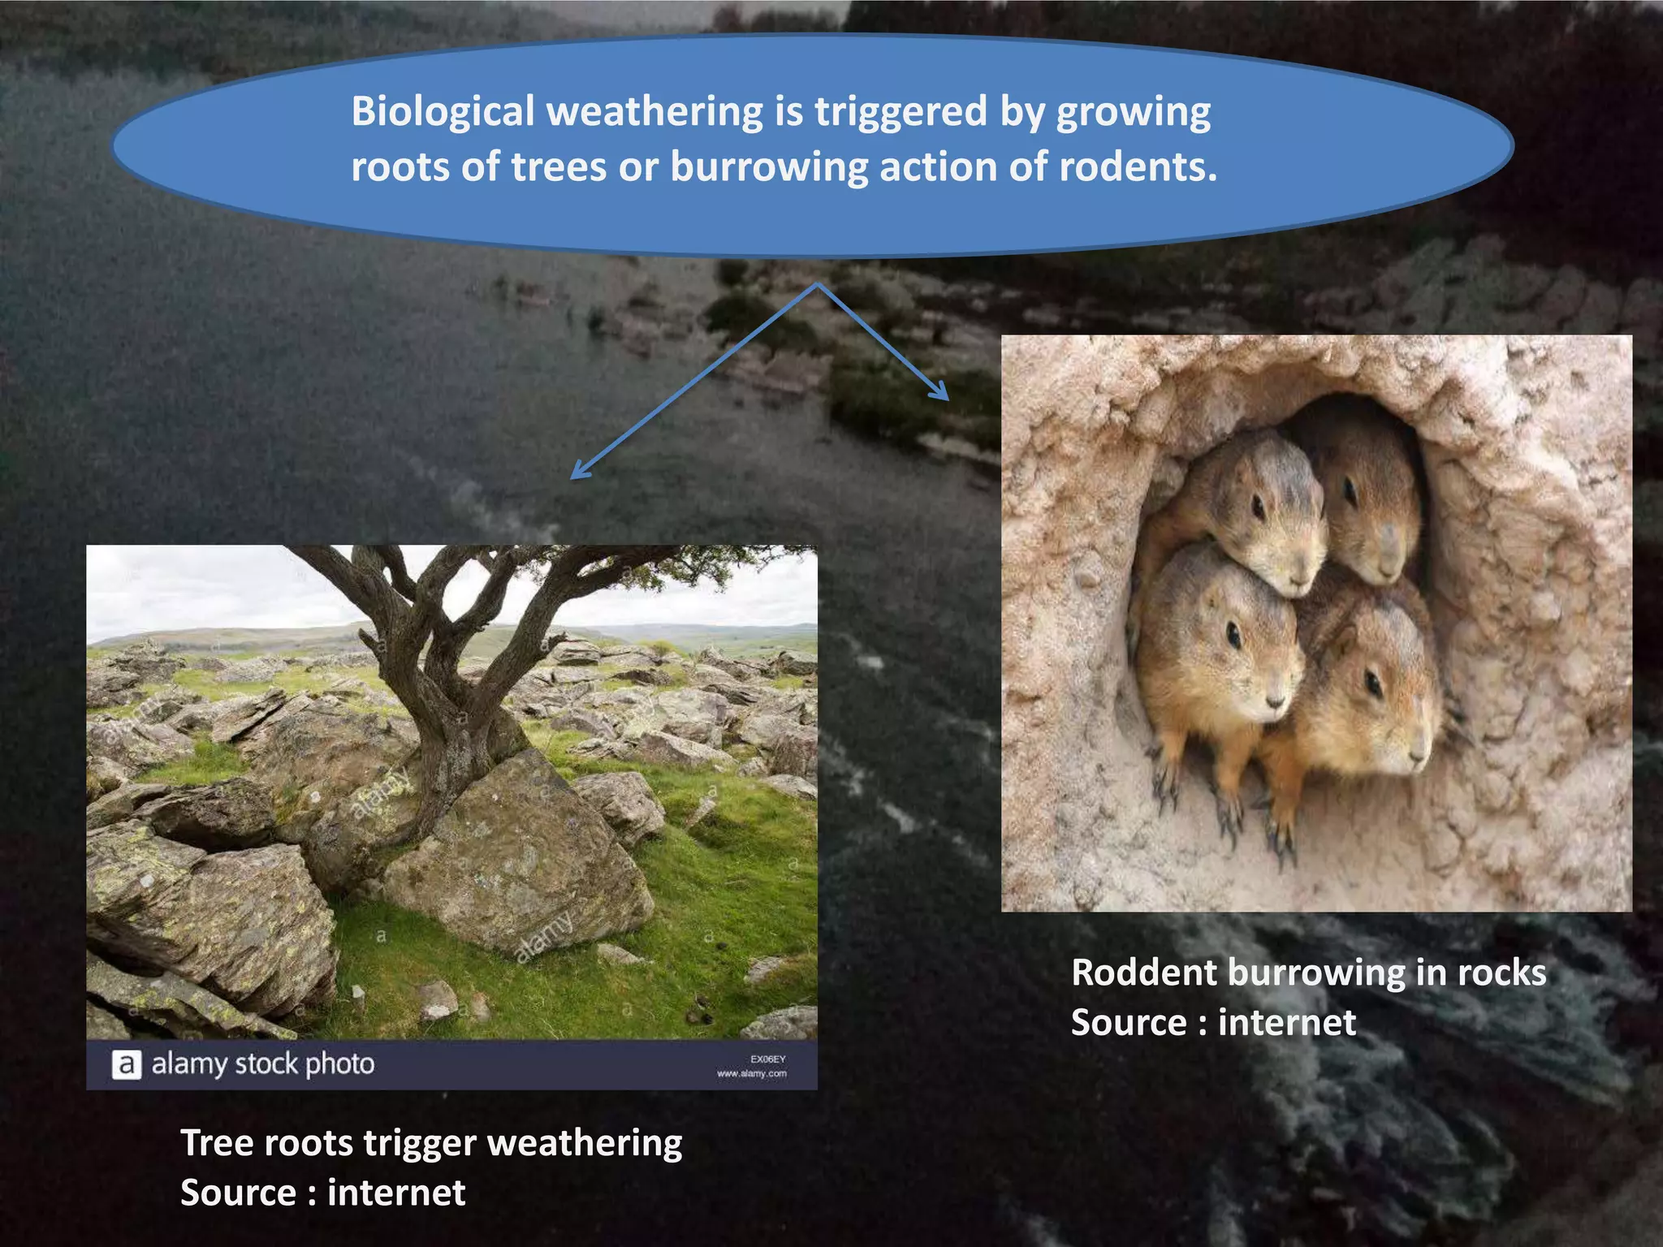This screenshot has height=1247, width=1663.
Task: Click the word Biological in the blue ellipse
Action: (x=443, y=112)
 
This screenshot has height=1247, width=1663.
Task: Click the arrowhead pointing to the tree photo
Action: (x=578, y=472)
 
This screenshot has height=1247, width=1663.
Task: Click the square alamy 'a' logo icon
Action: (x=126, y=1064)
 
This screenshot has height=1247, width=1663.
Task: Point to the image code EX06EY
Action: (x=767, y=1059)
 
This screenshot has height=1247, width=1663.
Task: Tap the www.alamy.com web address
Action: (x=752, y=1073)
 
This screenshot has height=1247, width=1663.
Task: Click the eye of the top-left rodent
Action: (x=1258, y=508)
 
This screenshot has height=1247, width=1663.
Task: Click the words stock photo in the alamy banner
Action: (x=305, y=1064)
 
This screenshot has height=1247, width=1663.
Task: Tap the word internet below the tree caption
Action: (x=396, y=1193)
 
